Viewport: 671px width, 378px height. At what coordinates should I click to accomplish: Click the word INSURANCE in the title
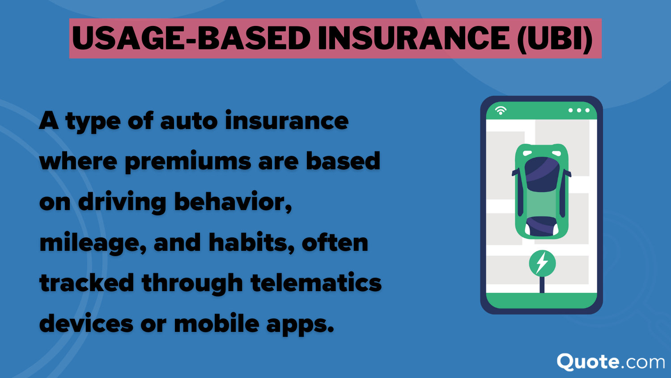click(414, 38)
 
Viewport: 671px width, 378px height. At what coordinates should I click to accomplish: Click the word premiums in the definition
click(188, 162)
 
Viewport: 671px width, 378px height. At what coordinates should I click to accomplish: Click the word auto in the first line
click(189, 121)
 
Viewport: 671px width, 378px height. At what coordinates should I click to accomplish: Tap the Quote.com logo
click(611, 362)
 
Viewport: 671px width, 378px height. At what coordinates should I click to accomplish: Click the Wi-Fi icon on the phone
click(501, 111)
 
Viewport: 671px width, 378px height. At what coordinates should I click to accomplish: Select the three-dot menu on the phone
click(579, 111)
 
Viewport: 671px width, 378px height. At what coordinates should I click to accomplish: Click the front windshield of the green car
click(542, 174)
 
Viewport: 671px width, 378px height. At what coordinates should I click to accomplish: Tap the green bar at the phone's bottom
click(541, 301)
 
